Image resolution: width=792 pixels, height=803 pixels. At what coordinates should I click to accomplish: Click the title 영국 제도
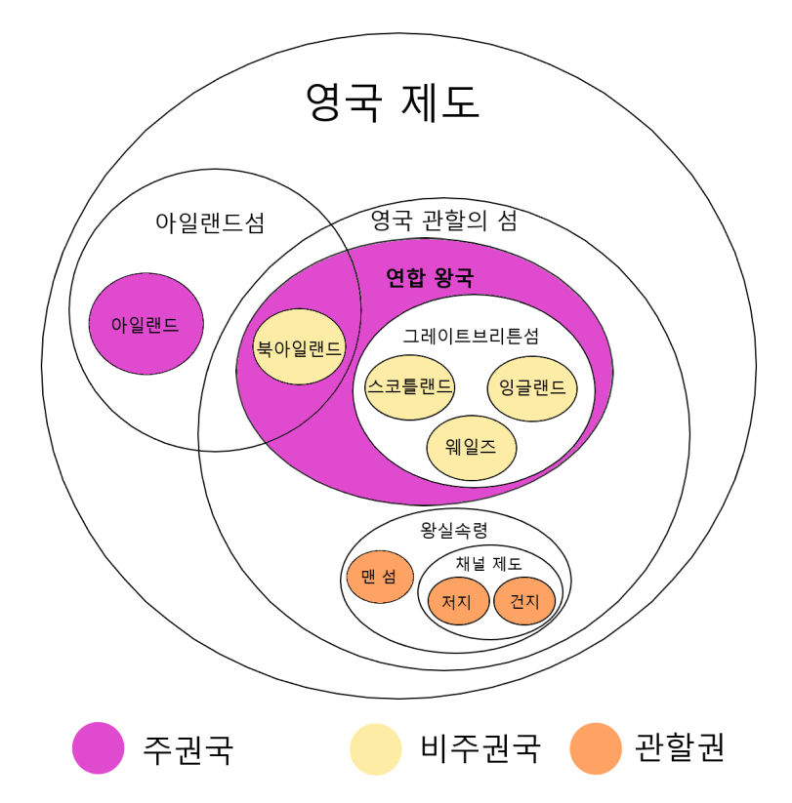pyautogui.click(x=393, y=101)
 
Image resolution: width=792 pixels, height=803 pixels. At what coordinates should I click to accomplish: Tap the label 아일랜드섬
pyautogui.click(x=210, y=222)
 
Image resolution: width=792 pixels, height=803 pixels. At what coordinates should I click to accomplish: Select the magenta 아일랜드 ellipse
pyautogui.click(x=146, y=324)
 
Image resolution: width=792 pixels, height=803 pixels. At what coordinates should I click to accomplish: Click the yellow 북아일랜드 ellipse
pyautogui.click(x=299, y=347)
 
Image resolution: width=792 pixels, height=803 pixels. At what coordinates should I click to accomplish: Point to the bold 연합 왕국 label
pyautogui.click(x=430, y=279)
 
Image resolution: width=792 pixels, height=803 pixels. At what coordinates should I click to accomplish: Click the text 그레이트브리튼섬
pyautogui.click(x=471, y=335)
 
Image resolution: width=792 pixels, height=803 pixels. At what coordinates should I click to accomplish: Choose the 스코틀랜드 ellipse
pyautogui.click(x=409, y=386)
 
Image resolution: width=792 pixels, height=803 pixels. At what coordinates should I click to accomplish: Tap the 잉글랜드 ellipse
pyautogui.click(x=532, y=386)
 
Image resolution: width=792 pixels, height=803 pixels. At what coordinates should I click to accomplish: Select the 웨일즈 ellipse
pyautogui.click(x=472, y=449)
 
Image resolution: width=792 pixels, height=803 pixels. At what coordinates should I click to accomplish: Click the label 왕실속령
pyautogui.click(x=454, y=531)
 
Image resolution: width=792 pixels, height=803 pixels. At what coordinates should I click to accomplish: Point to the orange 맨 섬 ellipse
pyautogui.click(x=380, y=576)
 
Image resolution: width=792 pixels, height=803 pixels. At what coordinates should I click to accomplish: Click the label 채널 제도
pyautogui.click(x=488, y=563)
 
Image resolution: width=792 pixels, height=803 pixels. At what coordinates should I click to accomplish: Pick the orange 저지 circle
pyautogui.click(x=457, y=601)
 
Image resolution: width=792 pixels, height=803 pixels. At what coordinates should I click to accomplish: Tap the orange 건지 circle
pyautogui.click(x=524, y=600)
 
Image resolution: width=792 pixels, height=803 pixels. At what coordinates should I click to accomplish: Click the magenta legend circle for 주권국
pyautogui.click(x=98, y=748)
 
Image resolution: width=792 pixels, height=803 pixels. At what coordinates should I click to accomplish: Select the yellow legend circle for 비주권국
pyautogui.click(x=376, y=748)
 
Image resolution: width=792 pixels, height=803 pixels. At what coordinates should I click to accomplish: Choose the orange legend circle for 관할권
pyautogui.click(x=596, y=748)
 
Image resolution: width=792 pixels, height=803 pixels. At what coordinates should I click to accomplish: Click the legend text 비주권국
pyautogui.click(x=480, y=748)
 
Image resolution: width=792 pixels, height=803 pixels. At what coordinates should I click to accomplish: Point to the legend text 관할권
pyautogui.click(x=681, y=748)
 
